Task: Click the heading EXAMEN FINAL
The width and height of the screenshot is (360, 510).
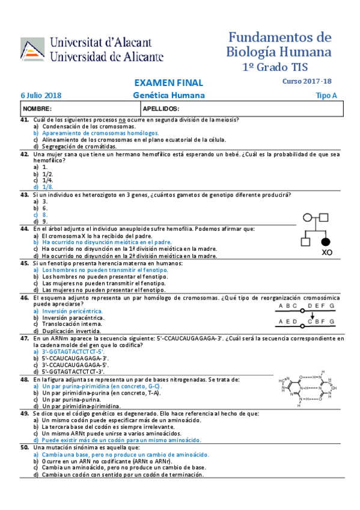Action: click(x=168, y=83)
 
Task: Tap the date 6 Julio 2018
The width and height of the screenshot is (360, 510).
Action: click(x=41, y=96)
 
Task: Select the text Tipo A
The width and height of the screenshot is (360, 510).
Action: click(x=327, y=96)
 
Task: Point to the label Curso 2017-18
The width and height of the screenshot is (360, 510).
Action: click(x=307, y=81)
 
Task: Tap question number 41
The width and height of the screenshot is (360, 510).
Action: click(x=25, y=120)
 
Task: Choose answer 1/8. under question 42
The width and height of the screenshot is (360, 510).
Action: click(x=47, y=187)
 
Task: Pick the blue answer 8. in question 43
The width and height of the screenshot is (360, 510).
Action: click(x=45, y=215)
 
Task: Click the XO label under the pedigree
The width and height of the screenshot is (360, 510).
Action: click(x=327, y=253)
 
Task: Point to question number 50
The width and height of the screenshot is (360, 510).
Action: click(x=25, y=448)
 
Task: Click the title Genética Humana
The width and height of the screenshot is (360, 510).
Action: click(x=168, y=96)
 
